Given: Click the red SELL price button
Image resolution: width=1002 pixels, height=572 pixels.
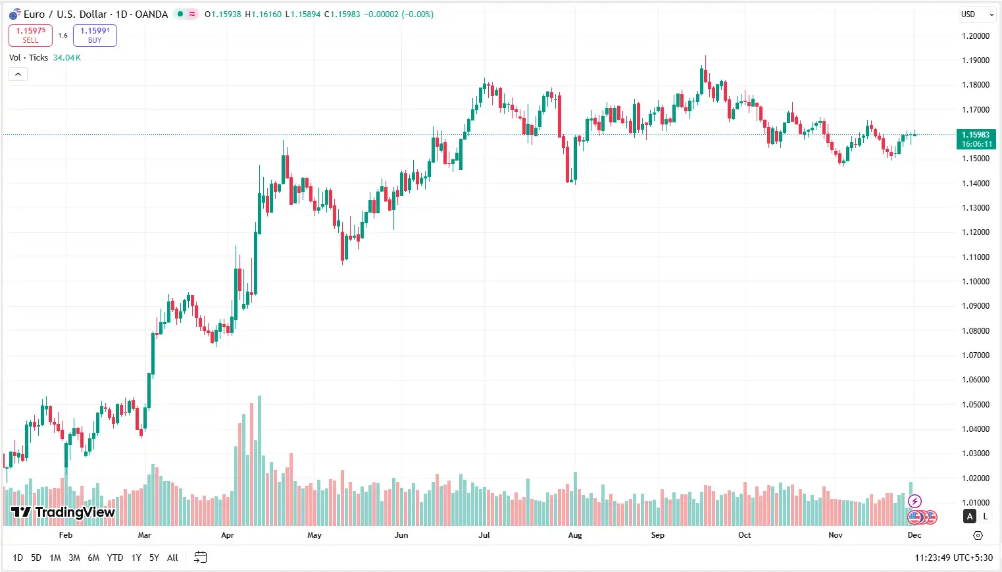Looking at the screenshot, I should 30,35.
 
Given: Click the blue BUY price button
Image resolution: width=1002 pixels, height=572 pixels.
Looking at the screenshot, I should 95,35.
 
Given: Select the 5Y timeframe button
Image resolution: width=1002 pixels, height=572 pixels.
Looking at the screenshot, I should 154,558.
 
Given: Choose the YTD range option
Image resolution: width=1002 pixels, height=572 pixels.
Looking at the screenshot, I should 115,558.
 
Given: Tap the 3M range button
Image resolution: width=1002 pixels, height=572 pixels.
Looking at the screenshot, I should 74,558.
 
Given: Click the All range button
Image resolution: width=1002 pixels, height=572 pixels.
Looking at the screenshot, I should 172,558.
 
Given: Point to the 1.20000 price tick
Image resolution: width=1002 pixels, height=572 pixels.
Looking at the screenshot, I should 975,36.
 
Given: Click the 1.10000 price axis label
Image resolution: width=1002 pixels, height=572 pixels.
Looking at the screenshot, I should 975,282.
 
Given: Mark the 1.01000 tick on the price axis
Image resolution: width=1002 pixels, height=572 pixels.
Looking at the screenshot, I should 975,503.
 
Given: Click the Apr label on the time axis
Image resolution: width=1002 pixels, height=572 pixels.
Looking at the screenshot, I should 228,535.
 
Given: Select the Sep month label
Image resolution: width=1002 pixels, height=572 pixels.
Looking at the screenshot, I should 657,535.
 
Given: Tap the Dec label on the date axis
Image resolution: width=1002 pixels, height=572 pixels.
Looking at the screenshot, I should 914,535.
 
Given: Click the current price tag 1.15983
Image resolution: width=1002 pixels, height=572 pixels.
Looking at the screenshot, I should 976,139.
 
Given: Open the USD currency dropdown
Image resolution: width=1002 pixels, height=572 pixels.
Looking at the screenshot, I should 977,14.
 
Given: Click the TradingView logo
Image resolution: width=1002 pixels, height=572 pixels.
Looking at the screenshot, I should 63,512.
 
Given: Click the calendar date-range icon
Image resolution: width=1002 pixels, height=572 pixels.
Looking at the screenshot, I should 201,558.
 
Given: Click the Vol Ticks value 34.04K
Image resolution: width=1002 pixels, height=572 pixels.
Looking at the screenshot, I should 66,58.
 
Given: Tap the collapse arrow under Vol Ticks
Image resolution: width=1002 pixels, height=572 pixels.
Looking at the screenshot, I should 18,74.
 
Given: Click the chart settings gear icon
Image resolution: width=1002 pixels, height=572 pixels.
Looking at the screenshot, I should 978,535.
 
